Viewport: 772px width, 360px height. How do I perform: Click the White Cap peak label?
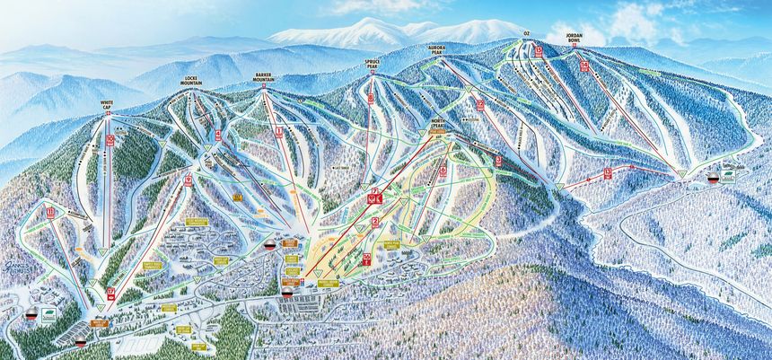(x=108, y=106)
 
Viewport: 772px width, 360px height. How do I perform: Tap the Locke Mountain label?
(x=190, y=80)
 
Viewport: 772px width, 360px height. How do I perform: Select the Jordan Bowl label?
(x=575, y=39)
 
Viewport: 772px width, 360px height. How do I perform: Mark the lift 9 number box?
(x=189, y=180)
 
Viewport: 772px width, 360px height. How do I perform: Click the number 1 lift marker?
(x=279, y=131)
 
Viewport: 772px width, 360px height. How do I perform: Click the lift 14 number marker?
(x=584, y=66)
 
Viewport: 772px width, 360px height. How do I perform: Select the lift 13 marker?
(x=608, y=171)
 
